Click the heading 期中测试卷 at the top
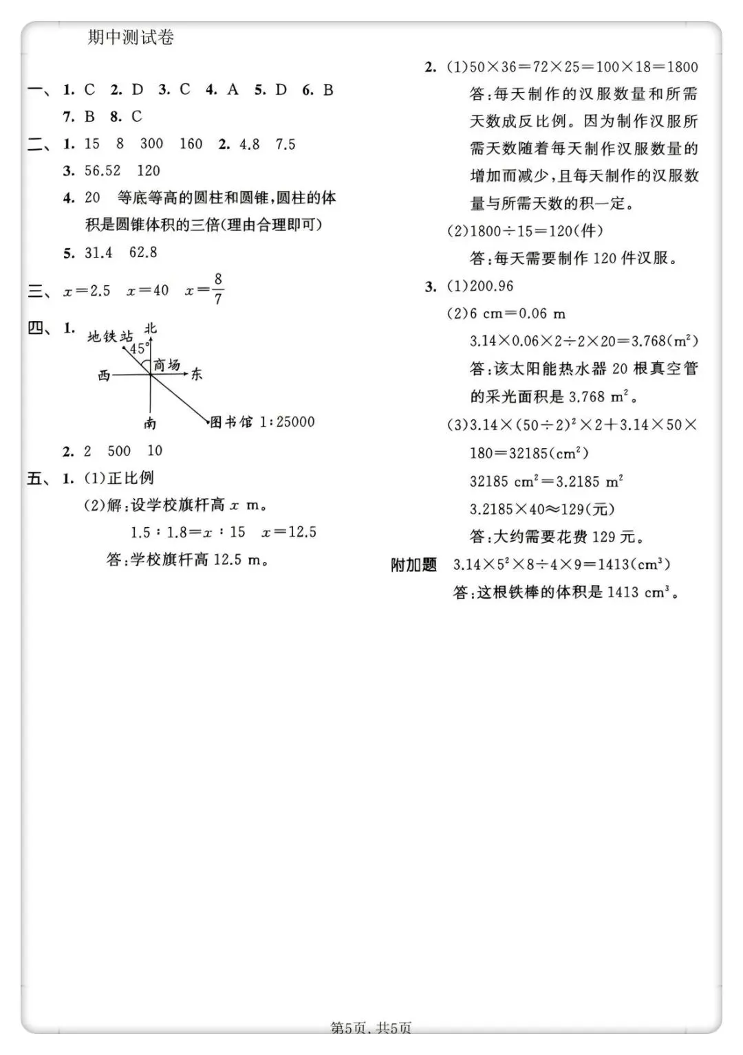click(131, 38)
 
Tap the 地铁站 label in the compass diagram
click(110, 336)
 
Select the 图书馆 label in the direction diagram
click(231, 422)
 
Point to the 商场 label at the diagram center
click(166, 364)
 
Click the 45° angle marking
click(138, 348)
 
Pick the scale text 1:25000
click(288, 422)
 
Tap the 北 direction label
click(151, 328)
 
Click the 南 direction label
click(150, 424)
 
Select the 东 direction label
click(197, 375)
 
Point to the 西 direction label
click(104, 375)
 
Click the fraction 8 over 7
click(218, 289)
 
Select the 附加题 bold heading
click(413, 565)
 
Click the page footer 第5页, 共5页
click(371, 1029)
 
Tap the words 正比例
click(131, 478)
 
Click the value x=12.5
click(289, 532)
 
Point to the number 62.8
click(143, 252)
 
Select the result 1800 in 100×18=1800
click(682, 67)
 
